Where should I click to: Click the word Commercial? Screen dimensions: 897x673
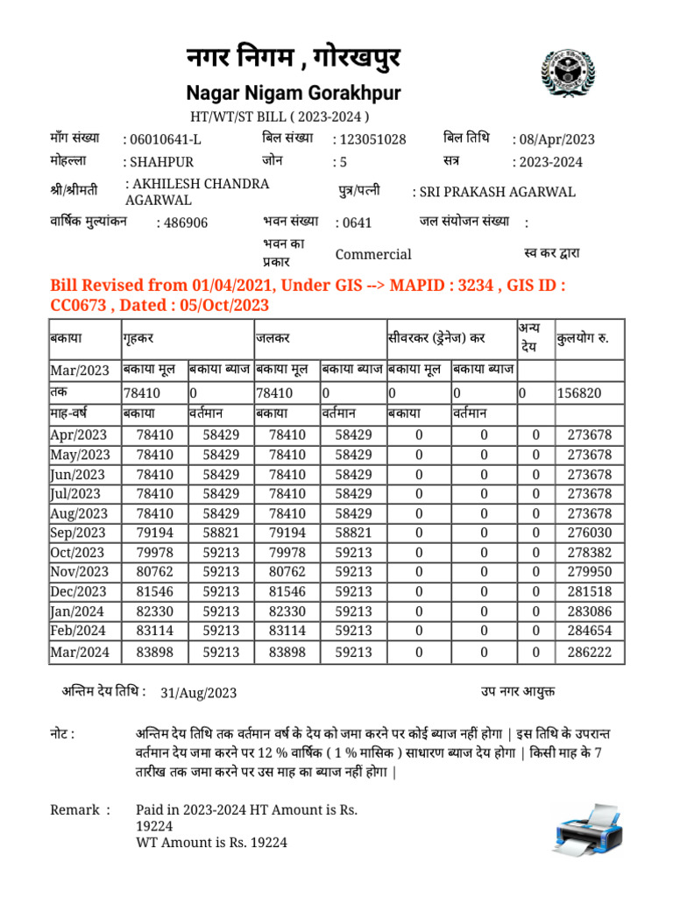coord(373,254)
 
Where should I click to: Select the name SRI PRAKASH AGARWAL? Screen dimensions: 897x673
coord(497,192)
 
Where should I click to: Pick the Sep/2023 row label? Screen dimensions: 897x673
coord(78,533)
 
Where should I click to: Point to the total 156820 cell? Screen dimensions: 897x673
coord(579,393)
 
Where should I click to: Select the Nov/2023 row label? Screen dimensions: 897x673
coord(79,572)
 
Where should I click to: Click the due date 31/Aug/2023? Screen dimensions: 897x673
coord(199,693)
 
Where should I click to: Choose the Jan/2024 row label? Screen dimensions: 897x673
coord(78,611)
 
